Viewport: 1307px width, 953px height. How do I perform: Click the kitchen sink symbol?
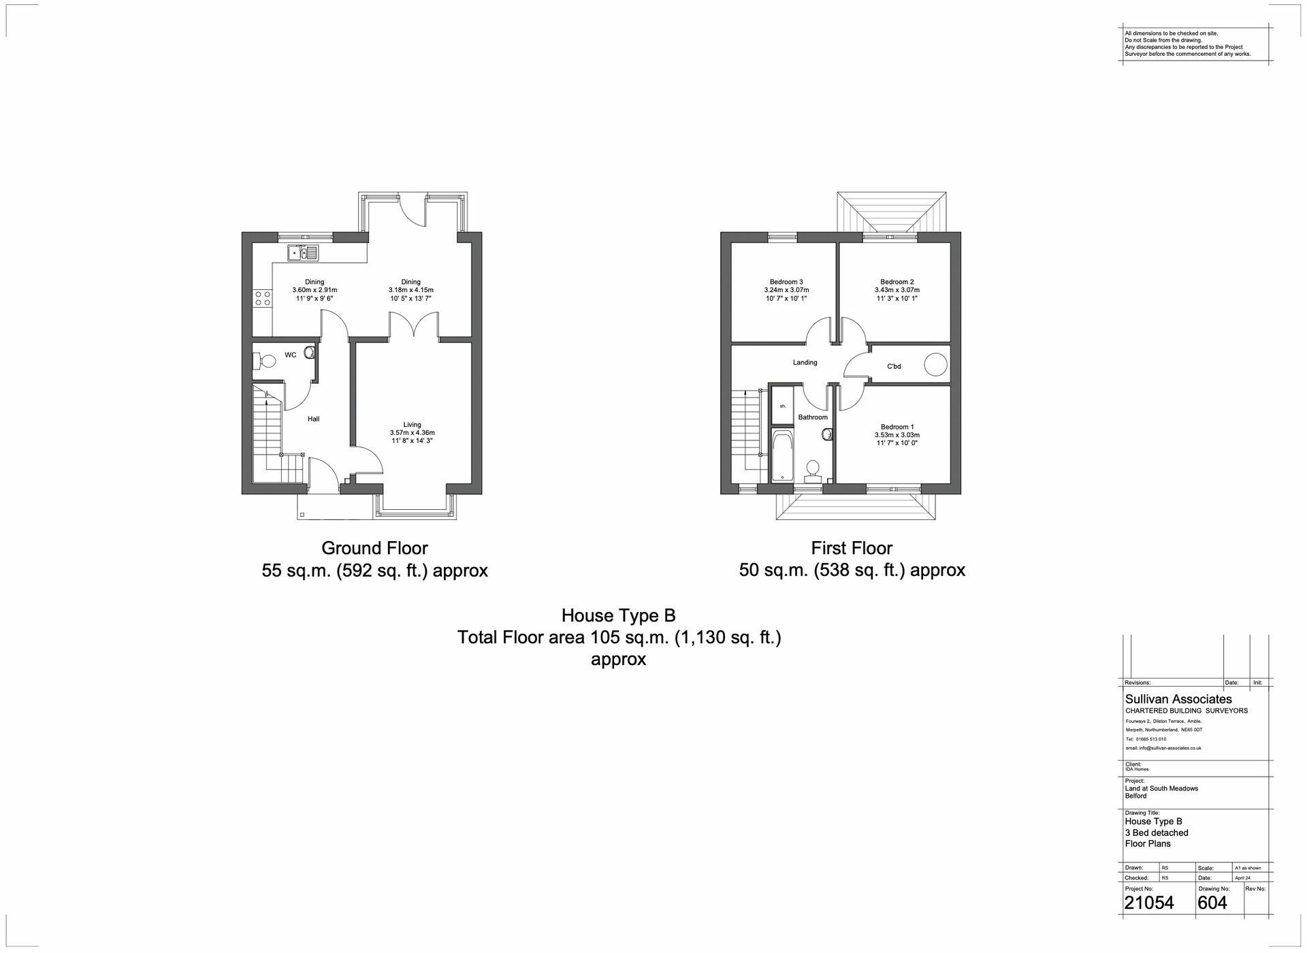(x=303, y=253)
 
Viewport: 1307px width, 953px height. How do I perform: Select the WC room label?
(x=290, y=355)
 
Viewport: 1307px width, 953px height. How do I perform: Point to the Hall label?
(x=313, y=419)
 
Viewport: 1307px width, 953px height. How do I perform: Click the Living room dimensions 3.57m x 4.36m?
(x=412, y=433)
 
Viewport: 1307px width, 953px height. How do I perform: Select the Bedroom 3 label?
(x=786, y=282)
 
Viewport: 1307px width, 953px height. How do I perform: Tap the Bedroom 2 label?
(x=897, y=282)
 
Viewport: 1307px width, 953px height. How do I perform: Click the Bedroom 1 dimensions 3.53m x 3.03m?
(x=897, y=436)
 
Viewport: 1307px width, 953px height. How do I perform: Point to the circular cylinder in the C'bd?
(x=935, y=365)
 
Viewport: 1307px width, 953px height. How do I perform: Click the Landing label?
(x=805, y=363)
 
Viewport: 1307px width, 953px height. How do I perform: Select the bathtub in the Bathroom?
(x=782, y=455)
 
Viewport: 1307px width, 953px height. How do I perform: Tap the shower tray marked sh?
(x=783, y=406)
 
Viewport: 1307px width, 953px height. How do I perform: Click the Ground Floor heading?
(x=374, y=548)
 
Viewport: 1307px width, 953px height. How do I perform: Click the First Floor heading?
(x=851, y=548)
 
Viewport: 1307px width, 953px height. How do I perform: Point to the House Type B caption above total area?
(x=618, y=616)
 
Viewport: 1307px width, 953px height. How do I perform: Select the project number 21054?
(x=1149, y=903)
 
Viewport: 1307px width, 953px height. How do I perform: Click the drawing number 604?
(x=1212, y=903)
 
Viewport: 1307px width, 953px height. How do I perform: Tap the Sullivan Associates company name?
(x=1178, y=699)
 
